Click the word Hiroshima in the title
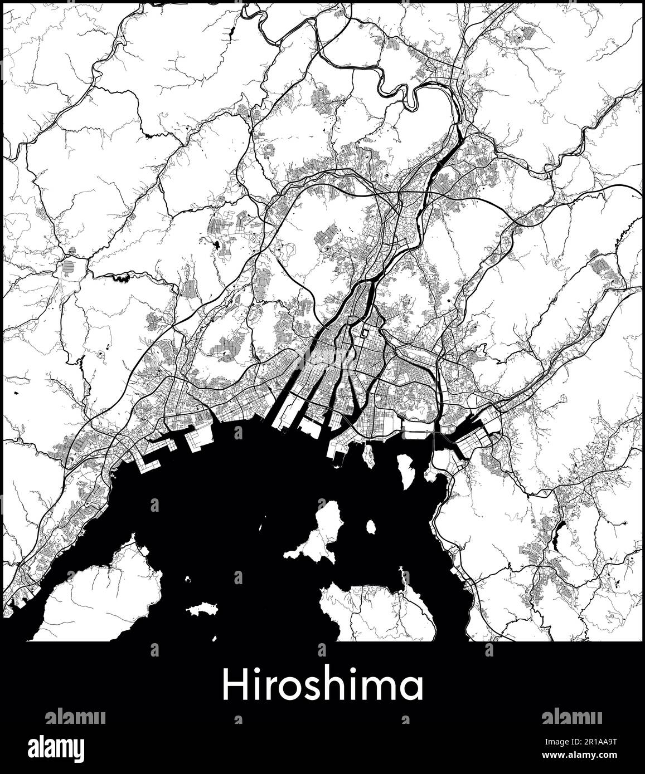322,686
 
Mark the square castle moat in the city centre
364,334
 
